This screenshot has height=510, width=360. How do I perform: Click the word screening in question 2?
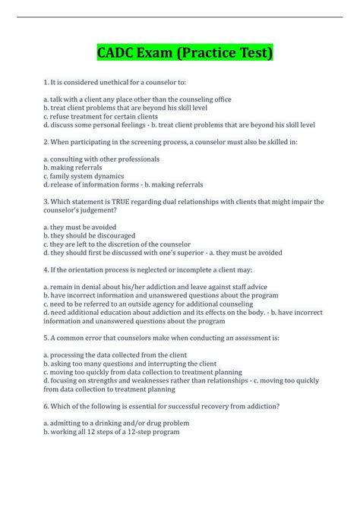131,142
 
